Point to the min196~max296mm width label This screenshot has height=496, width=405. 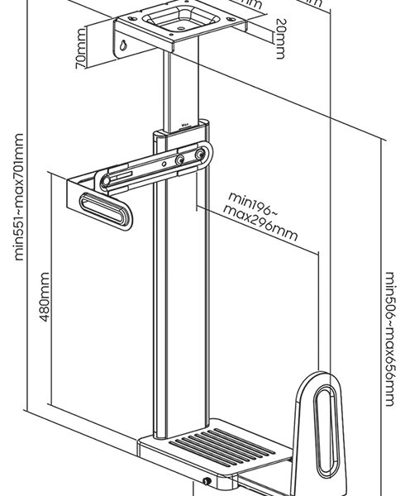[x=260, y=215]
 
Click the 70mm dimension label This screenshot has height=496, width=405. [x=81, y=61]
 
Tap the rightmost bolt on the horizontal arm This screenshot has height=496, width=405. [x=199, y=155]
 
